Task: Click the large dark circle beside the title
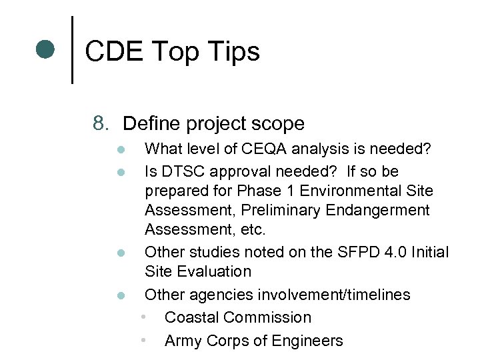coord(45,50)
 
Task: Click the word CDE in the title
coord(113,51)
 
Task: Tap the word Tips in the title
coord(233,51)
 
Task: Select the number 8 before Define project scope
coord(101,123)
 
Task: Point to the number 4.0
coord(387,252)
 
